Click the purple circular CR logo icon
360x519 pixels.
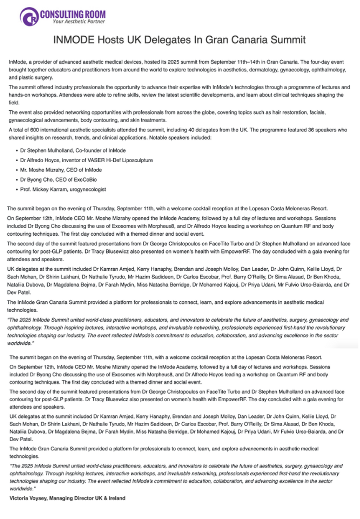(29, 17)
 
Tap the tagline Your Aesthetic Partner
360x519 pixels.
(79, 22)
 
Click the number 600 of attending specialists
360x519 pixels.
(34, 130)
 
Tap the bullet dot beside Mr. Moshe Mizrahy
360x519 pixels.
(17, 170)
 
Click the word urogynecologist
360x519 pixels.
(88, 190)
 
